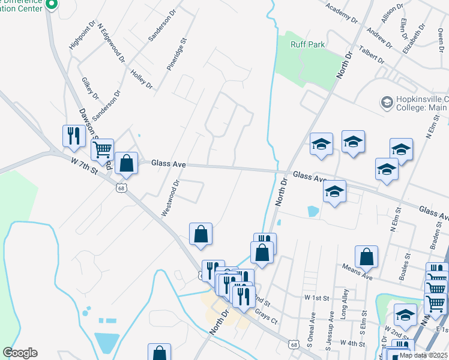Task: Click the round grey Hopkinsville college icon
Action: click(386, 103)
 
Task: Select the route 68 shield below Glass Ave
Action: click(121, 188)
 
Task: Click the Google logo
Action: click(20, 353)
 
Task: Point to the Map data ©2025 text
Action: click(423, 355)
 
